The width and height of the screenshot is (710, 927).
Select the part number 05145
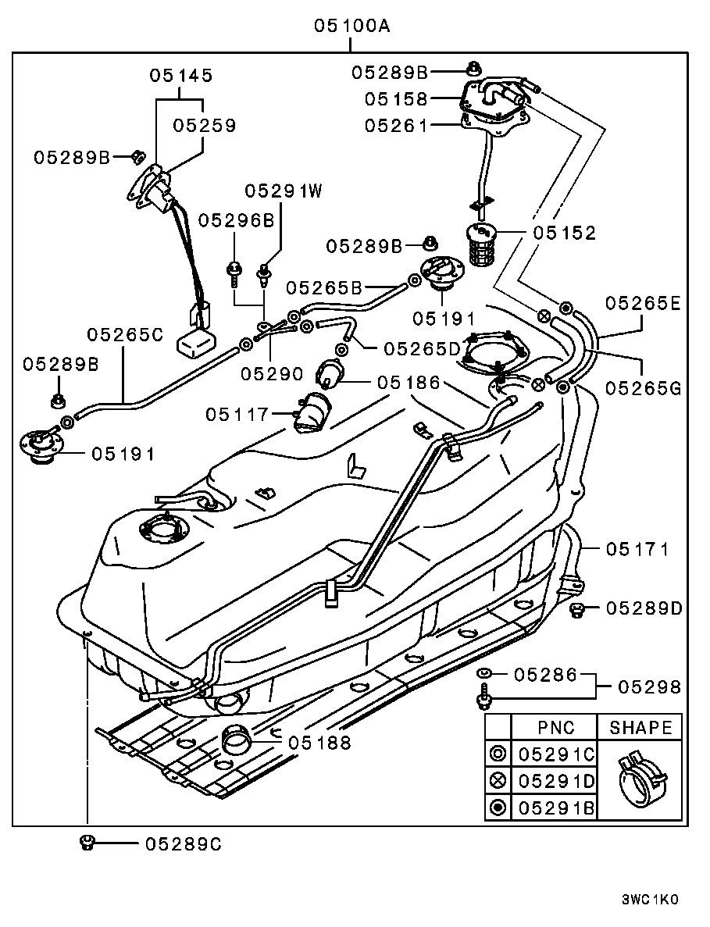coord(181,76)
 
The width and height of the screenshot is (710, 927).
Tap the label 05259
coord(205,125)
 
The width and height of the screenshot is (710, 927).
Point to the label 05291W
coord(284,190)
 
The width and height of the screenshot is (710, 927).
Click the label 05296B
coord(237,220)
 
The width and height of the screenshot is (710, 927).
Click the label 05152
coord(565,233)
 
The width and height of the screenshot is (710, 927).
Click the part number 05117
coord(237,413)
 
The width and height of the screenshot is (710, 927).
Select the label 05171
coord(637,549)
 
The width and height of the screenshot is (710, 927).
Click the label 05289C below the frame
coord(183,843)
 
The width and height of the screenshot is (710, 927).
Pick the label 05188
coord(319,742)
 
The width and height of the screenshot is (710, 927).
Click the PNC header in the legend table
coord(555,727)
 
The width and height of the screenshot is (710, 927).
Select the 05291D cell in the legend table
coord(555,779)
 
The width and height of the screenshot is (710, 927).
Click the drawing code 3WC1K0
coord(650,899)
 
